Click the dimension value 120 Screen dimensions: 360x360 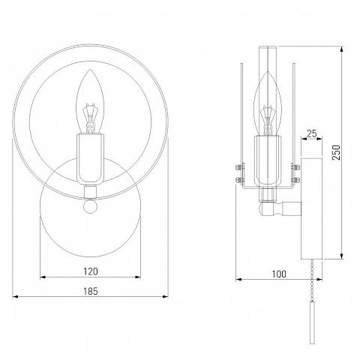[x=91, y=271]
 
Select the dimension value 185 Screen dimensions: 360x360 [x=91, y=291]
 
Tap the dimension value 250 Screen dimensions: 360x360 [x=336, y=153]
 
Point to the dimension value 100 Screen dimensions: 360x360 [x=279, y=274]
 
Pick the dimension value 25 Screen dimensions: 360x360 [x=311, y=134]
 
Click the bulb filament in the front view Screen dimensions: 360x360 [x=90, y=118]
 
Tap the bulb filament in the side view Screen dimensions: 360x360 [x=268, y=121]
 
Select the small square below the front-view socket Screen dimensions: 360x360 [x=90, y=192]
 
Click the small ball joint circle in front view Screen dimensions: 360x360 [x=90, y=206]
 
